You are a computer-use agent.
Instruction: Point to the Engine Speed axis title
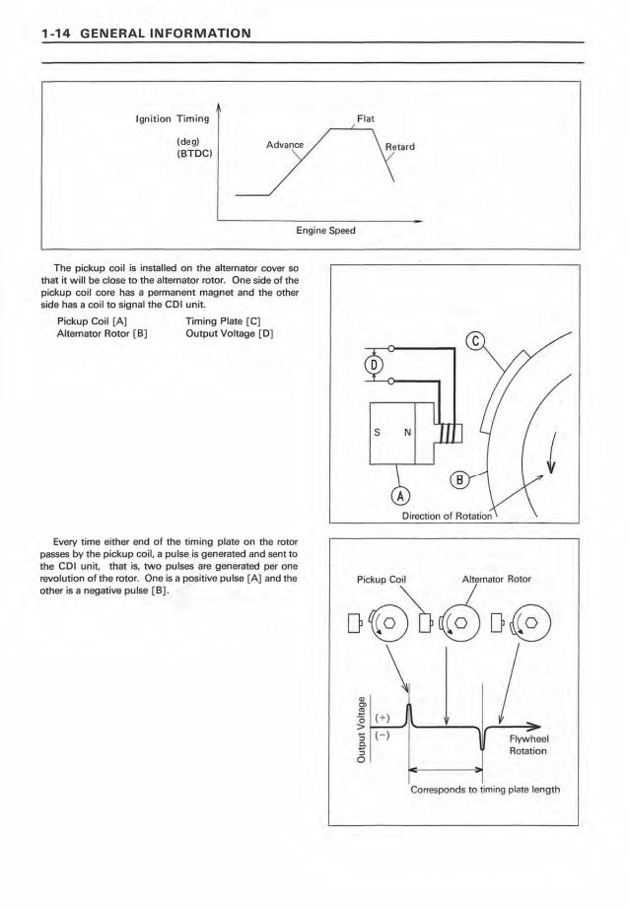(x=317, y=231)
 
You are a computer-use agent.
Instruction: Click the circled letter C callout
(x=475, y=343)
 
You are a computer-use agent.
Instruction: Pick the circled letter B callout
(x=460, y=481)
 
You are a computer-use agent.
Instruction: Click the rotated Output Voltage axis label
(x=362, y=730)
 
